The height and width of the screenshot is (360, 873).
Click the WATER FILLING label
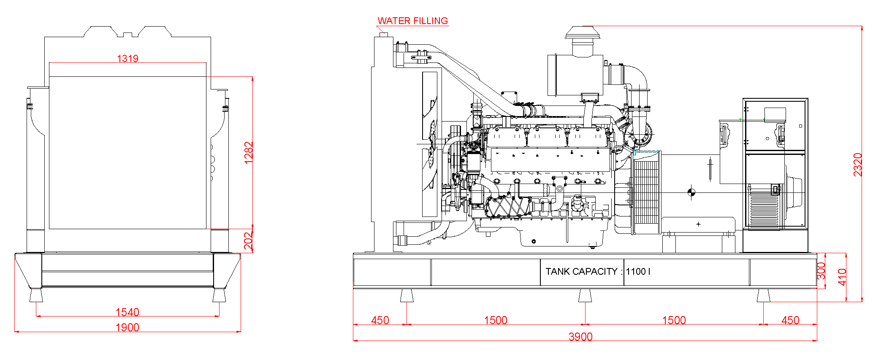tap(412, 21)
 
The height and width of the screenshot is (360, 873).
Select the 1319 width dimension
tap(127, 58)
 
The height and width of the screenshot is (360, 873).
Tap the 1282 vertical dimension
tap(249, 152)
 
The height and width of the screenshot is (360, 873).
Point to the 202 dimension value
tap(249, 241)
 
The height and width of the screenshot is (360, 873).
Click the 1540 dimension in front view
tap(127, 312)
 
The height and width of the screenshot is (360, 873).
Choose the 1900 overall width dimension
tap(127, 327)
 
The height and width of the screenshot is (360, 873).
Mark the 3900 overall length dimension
tap(580, 336)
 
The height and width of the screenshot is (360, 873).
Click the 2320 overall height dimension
tap(857, 164)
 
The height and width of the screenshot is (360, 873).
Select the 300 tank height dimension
tap(821, 271)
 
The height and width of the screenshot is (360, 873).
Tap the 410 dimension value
tap(842, 277)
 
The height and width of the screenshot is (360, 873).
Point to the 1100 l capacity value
tap(638, 271)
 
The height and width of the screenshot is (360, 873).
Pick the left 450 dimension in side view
tap(380, 320)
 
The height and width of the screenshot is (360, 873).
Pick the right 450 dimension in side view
tap(790, 320)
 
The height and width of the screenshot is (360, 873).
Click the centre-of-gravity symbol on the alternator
tap(691, 192)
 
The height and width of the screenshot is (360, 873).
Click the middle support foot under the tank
tap(585, 295)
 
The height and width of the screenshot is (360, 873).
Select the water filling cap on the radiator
tap(384, 34)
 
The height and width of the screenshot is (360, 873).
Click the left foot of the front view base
tap(36, 295)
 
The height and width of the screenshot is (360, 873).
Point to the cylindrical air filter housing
tap(575, 75)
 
